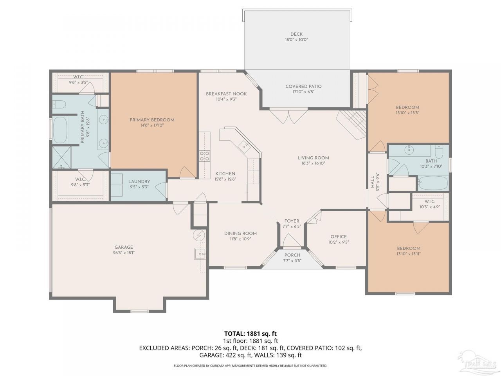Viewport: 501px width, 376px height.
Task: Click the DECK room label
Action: click(x=296, y=34)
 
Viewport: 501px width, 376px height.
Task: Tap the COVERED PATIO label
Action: click(x=303, y=86)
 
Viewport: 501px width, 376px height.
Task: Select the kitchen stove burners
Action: click(x=204, y=156)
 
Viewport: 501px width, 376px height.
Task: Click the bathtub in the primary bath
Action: click(x=60, y=130)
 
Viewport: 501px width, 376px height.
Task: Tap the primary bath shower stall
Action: click(x=61, y=157)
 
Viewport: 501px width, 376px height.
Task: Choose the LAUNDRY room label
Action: click(x=139, y=181)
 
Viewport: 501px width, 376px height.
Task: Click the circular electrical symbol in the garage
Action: click(x=199, y=235)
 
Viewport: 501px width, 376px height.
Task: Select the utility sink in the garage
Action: click(x=200, y=254)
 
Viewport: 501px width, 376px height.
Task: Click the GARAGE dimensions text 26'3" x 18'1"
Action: click(x=124, y=253)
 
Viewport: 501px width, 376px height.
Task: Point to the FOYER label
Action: click(x=292, y=221)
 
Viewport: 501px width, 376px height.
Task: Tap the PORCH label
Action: click(x=292, y=255)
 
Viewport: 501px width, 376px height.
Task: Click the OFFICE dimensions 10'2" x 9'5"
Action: click(x=339, y=242)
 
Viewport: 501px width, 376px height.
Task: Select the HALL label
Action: click(x=373, y=182)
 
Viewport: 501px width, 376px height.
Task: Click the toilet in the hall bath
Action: click(x=439, y=152)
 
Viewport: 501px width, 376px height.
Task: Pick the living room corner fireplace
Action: click(x=351, y=125)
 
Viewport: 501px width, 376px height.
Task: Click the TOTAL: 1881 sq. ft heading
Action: click(x=250, y=334)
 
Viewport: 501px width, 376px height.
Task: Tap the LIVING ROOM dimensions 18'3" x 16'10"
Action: click(x=313, y=163)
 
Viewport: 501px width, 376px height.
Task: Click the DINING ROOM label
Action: click(x=240, y=233)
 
